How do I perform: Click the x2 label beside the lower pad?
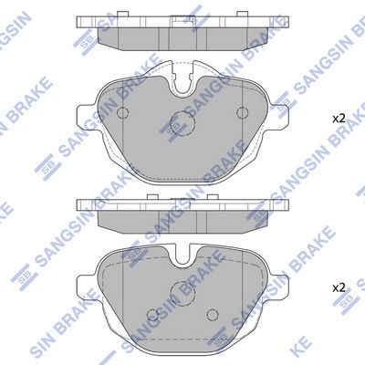(338, 287)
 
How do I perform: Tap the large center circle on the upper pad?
(180, 123)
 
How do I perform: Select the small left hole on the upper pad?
(118, 112)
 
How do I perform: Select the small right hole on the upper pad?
(243, 112)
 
